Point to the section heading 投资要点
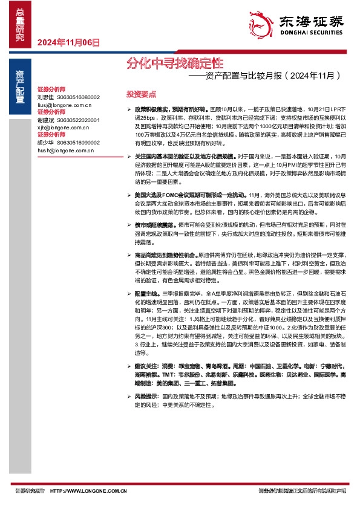pyautogui.click(x=141, y=94)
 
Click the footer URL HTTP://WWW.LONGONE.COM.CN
pyautogui.click(x=89, y=491)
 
